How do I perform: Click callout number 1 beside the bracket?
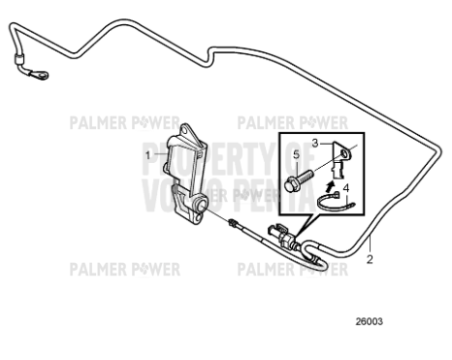point(148,154)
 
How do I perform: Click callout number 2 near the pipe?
point(369,259)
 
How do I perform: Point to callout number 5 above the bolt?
point(297,155)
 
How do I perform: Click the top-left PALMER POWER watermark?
point(123,123)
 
